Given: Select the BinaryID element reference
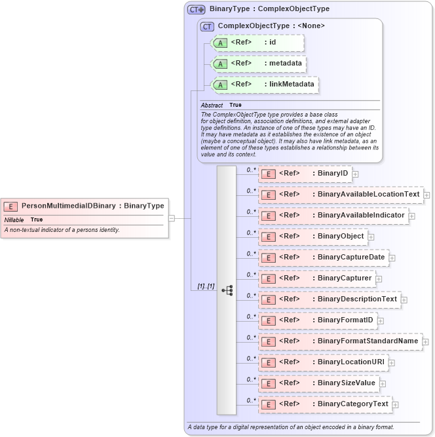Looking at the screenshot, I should (305, 174).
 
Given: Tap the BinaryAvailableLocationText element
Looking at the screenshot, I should (341, 195).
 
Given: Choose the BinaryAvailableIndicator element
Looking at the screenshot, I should (333, 216).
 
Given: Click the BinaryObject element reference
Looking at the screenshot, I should (313, 237).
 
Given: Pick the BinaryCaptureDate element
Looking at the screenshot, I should (324, 257).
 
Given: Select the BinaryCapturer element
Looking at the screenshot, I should (317, 278).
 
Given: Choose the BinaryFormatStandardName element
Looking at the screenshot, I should (340, 341).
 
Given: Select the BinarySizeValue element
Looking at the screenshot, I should (319, 383).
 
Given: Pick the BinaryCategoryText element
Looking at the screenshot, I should (326, 404).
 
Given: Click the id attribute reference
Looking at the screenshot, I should (257, 43).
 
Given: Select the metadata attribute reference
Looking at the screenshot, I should (258, 64).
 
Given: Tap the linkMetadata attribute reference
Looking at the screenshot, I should (264, 85).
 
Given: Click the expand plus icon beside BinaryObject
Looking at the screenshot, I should (371, 237).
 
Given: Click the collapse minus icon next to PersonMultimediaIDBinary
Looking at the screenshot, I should (171, 218).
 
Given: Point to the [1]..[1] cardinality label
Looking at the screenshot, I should (206, 287).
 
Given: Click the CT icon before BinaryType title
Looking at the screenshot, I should (197, 10).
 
